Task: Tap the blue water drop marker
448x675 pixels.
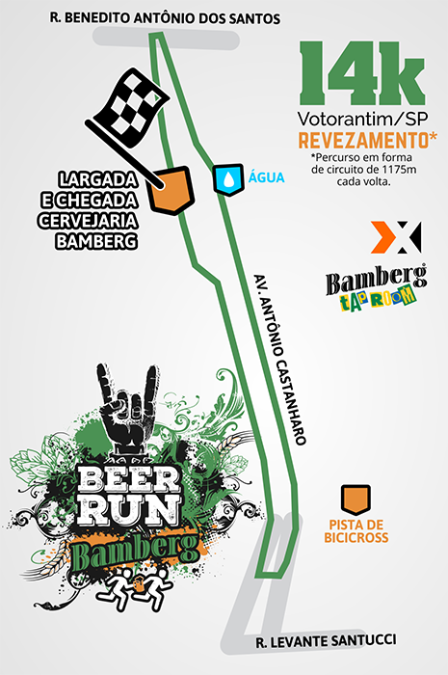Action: coord(228,179)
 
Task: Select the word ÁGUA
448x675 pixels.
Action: coord(267,176)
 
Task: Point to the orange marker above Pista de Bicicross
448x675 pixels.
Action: coord(356,499)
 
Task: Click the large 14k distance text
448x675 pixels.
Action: coord(362,73)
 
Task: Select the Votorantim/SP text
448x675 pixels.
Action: coord(363,119)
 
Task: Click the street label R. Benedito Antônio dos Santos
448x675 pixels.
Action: coord(165,18)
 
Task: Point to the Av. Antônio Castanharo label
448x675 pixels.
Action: coord(280,359)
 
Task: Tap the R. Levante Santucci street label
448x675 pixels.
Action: coord(326,641)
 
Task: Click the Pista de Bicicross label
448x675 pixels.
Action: coord(356,530)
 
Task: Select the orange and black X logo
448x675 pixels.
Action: coord(396,237)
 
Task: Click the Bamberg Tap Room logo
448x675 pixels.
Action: coord(376,287)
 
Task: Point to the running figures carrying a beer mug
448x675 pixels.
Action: coord(135,586)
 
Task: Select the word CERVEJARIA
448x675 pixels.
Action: coord(88,221)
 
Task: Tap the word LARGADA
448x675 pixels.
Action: coord(98,179)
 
